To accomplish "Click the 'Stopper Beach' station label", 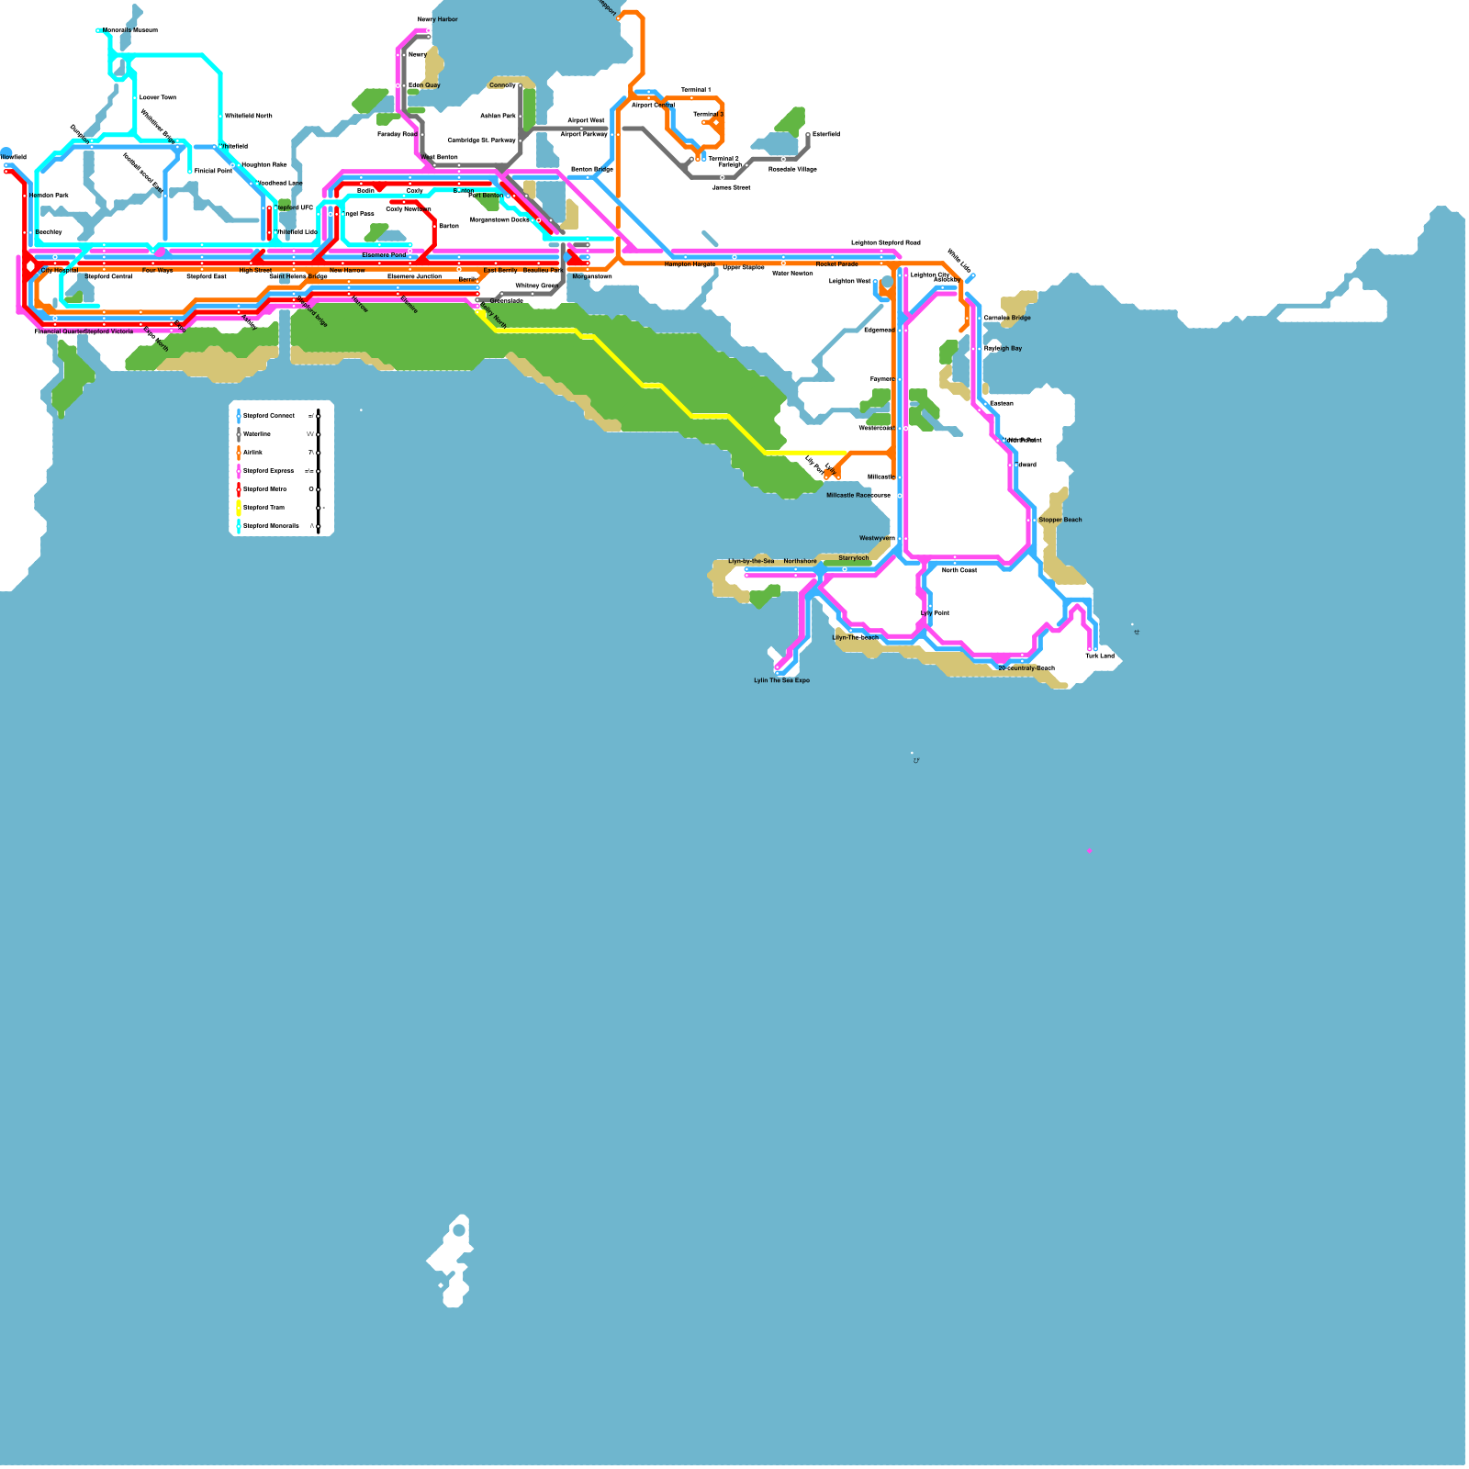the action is tap(1060, 520).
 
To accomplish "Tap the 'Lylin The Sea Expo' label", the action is tap(781, 680).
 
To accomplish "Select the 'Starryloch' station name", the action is tap(853, 558).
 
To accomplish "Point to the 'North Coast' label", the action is tap(959, 570).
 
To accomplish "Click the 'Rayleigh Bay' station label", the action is tap(1003, 348).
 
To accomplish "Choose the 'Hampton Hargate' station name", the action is tap(690, 264).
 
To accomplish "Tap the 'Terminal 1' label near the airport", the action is tap(695, 90).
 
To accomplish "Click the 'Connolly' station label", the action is tap(502, 85).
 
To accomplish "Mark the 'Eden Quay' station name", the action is tap(424, 85).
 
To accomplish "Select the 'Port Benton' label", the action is tap(486, 196).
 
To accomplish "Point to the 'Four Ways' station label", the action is tap(157, 271).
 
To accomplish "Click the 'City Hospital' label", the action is tap(60, 271).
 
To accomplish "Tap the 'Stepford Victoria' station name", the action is tap(109, 331).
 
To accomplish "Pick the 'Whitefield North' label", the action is tap(248, 117).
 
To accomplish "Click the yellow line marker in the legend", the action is tap(239, 508).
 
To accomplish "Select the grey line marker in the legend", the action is tap(239, 434).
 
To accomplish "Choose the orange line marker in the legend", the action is tap(239, 453).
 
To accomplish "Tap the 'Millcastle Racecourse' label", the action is tap(858, 495).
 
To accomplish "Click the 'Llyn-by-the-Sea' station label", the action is tap(751, 561).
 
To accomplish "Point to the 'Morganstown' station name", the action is tap(591, 276).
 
